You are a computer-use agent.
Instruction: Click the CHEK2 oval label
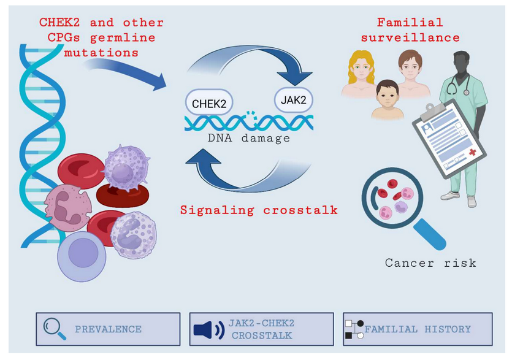point(209,103)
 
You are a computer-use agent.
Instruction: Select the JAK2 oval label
point(294,99)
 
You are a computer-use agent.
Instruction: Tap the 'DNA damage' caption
point(249,138)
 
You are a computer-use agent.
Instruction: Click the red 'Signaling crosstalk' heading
point(259,210)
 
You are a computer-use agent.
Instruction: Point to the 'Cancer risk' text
point(430,262)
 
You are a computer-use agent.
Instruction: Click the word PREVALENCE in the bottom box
point(108,329)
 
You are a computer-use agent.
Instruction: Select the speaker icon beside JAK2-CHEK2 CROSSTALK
point(209,330)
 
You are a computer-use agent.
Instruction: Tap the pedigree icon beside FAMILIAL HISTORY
point(354,329)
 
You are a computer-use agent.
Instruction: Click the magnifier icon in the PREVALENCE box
point(55,329)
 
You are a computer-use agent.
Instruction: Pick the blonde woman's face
point(361,69)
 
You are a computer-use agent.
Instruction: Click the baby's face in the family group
point(388,96)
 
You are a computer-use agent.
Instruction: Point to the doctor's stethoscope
point(456,85)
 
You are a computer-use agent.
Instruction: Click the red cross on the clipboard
point(472,152)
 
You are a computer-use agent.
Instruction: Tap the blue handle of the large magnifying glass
point(430,234)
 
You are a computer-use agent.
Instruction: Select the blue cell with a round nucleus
point(82,256)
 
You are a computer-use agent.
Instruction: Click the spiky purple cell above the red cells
point(126,167)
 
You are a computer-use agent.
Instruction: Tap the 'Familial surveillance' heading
point(410,30)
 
